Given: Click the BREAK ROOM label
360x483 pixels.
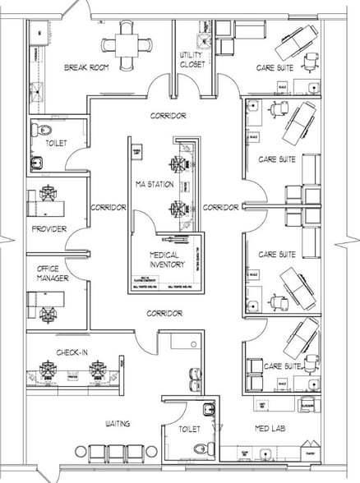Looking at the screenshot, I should (85, 67).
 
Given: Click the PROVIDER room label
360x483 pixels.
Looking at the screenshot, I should (48, 229).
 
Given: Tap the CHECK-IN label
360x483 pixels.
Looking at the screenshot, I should (72, 352).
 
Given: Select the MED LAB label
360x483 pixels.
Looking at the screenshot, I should (272, 427).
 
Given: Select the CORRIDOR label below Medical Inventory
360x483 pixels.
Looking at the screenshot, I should (164, 313).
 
